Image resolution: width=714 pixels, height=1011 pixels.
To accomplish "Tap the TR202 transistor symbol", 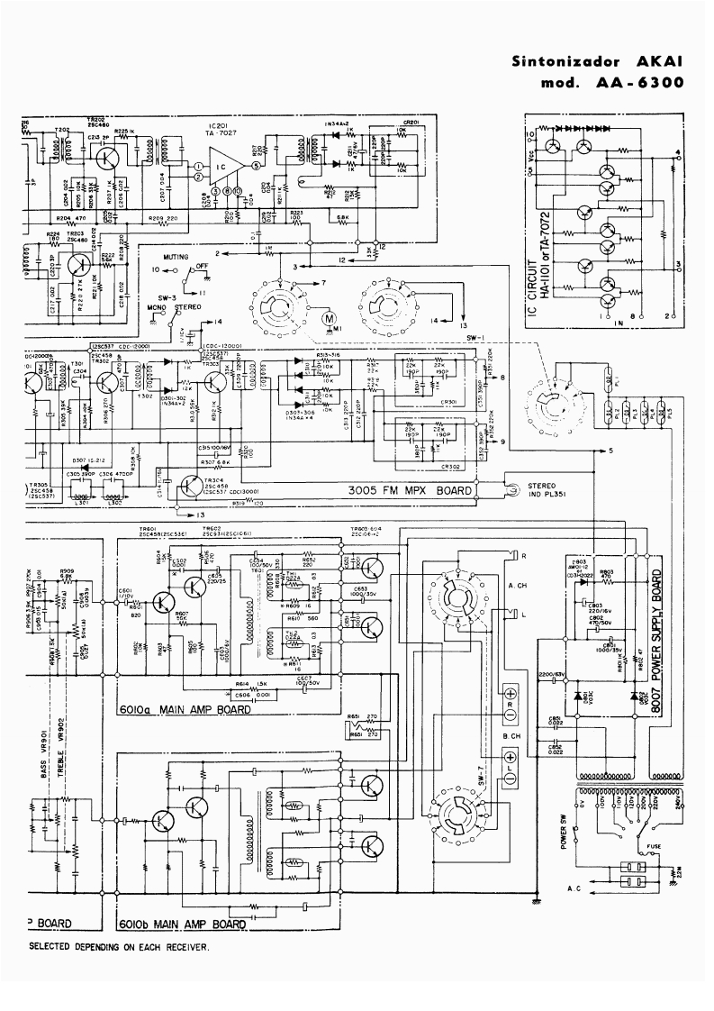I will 108,158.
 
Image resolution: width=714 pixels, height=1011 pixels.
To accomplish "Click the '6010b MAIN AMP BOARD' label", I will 185,924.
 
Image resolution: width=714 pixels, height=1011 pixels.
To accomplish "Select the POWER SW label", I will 565,833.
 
